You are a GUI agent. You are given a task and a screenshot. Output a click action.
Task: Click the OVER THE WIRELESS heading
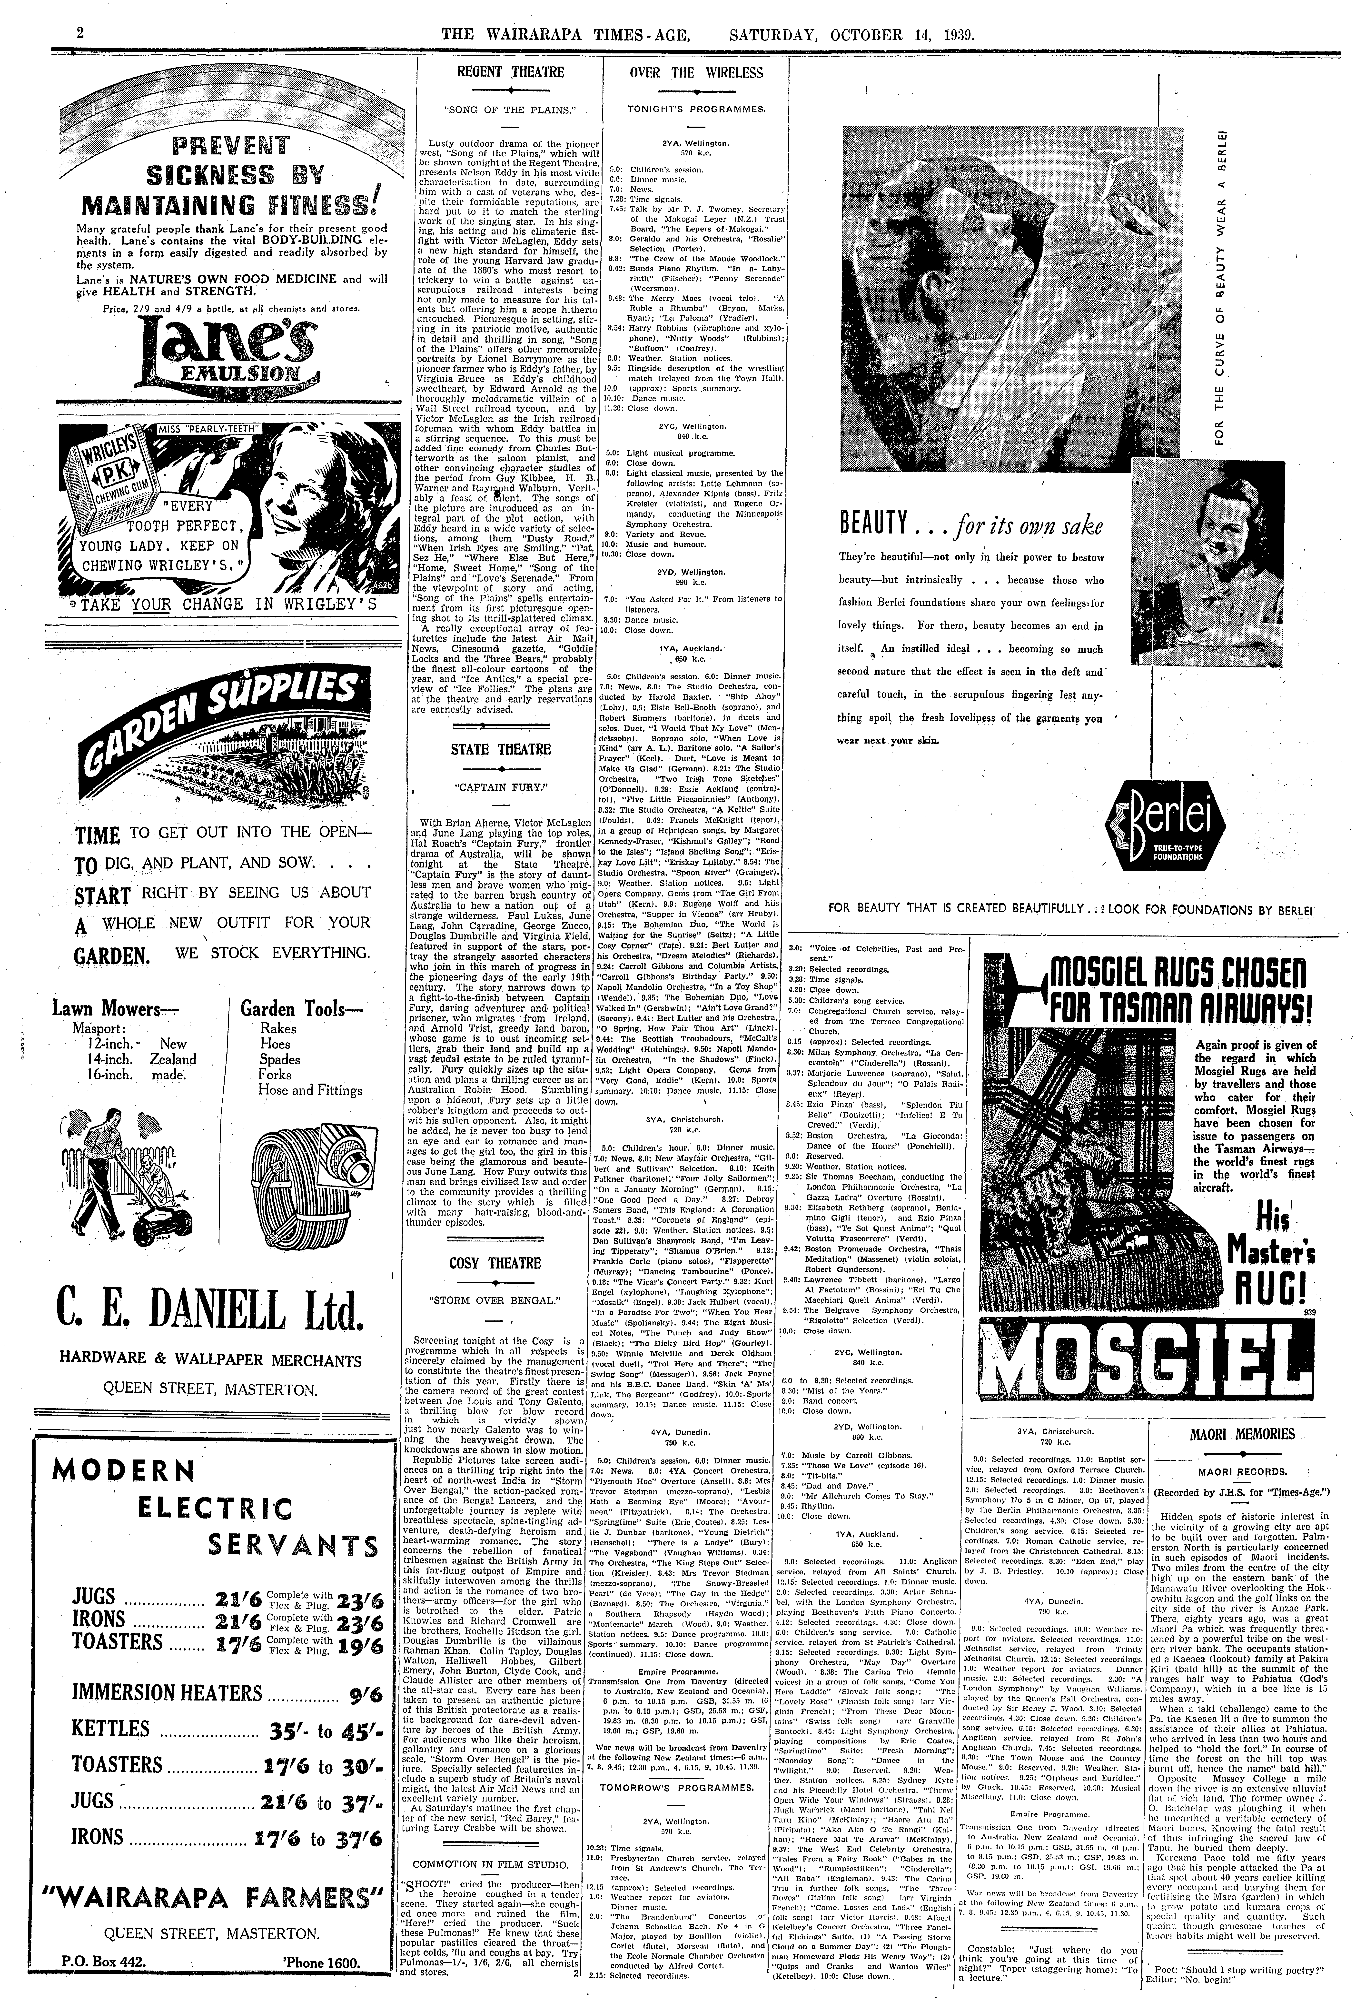696,73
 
